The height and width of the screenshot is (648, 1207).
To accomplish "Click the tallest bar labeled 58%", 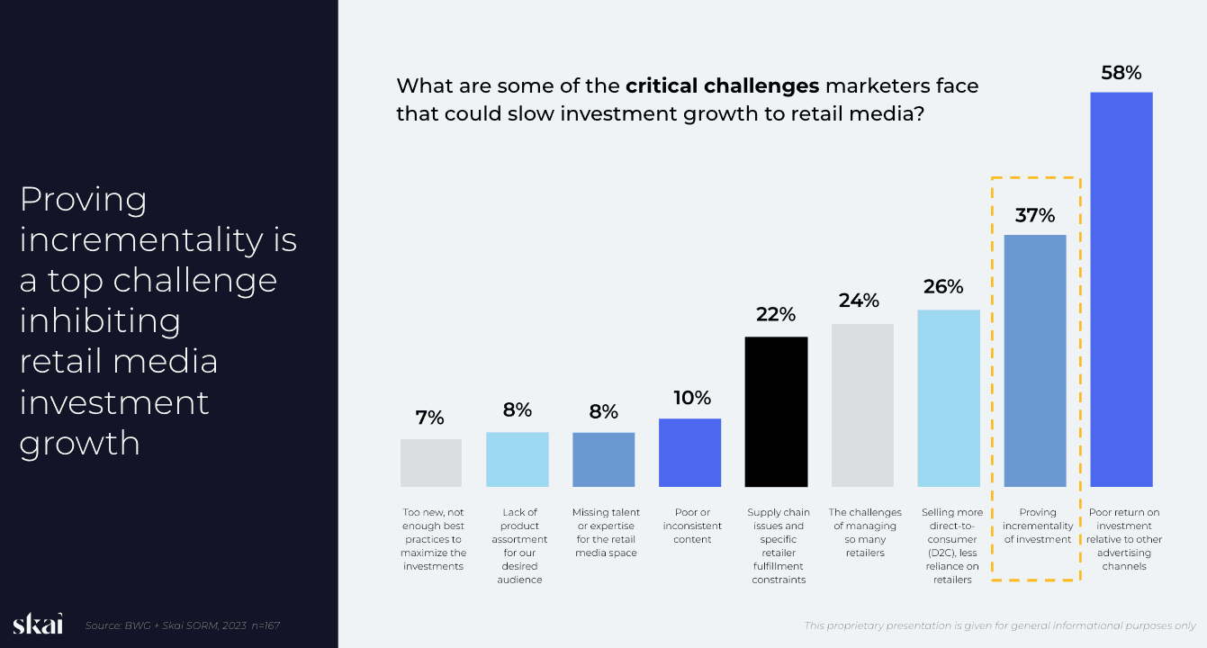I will click(x=1121, y=289).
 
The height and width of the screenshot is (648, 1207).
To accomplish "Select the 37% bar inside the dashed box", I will click(x=1035, y=360).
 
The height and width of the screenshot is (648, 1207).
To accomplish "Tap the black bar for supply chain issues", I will click(x=776, y=411).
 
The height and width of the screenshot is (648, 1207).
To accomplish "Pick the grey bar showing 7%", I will click(x=431, y=463).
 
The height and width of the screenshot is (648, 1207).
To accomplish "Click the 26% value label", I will click(x=943, y=287).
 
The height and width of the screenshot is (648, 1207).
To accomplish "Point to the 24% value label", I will click(x=859, y=301).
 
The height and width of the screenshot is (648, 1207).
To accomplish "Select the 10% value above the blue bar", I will click(x=690, y=397).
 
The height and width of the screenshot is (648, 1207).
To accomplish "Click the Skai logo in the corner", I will click(x=38, y=625).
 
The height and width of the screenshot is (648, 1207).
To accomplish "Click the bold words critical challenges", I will click(x=722, y=86).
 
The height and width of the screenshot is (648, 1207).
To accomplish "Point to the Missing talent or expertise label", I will click(x=604, y=532).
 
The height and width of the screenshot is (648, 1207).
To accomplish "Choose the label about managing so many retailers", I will click(x=862, y=532).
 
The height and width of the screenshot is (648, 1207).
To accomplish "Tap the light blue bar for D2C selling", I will click(x=949, y=398).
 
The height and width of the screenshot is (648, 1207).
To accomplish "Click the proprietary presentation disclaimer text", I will click(x=999, y=625).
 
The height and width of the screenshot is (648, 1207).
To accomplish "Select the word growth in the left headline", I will click(x=80, y=442).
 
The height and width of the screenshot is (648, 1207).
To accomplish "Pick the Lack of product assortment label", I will click(x=519, y=545).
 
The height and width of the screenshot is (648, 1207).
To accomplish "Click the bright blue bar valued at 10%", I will click(x=689, y=453).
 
